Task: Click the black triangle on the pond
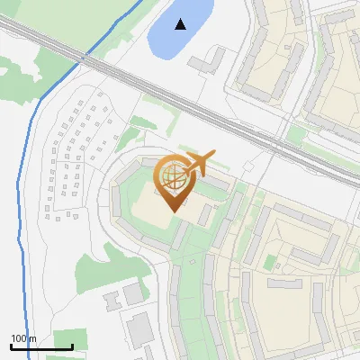coord(182,24)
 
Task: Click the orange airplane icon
coord(199,164)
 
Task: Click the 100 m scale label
coord(22,338)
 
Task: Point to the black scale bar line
coord(40,346)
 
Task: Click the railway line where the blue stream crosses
coord(84,59)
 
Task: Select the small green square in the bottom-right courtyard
coord(269,263)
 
